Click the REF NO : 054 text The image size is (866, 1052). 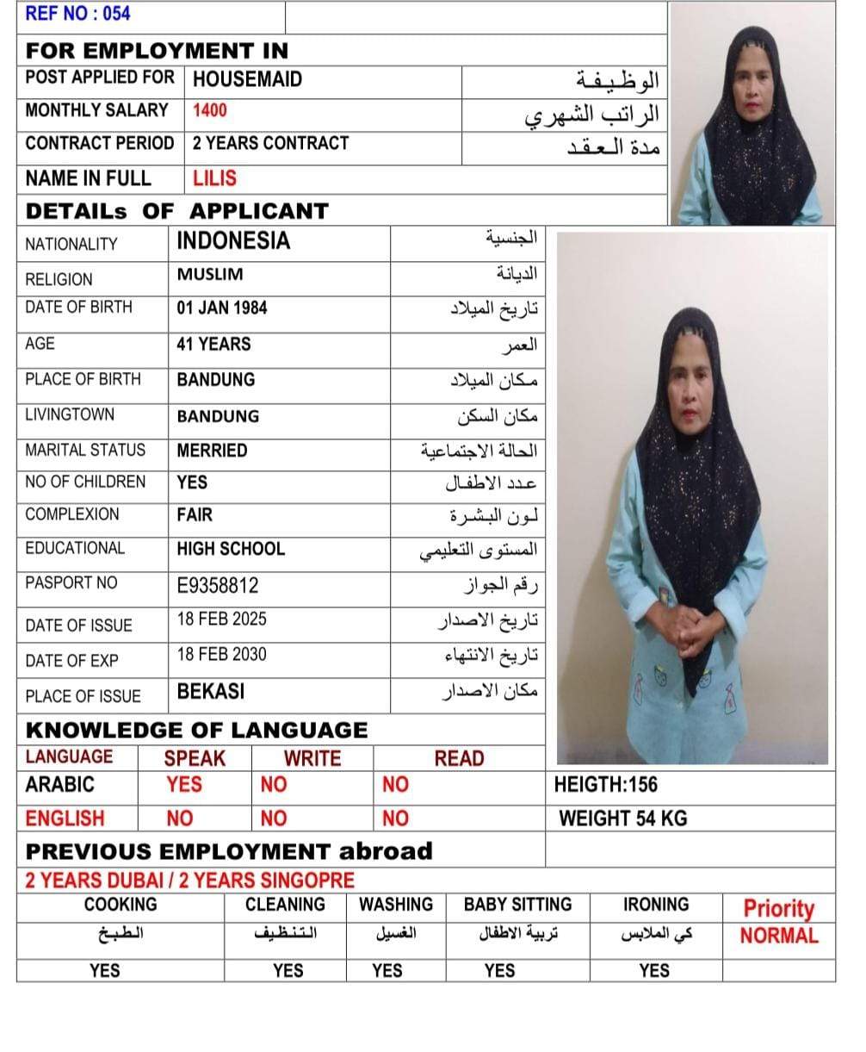click(77, 14)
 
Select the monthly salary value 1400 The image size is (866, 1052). click(210, 110)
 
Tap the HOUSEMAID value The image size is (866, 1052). click(247, 79)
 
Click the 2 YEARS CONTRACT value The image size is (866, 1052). click(270, 143)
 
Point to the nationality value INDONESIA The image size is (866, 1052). click(233, 241)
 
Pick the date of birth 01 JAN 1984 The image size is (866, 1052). click(222, 308)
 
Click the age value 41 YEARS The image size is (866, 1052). click(213, 344)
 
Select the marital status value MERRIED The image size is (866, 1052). click(212, 451)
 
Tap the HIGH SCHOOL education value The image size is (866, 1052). click(231, 549)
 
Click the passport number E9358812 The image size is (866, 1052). click(217, 586)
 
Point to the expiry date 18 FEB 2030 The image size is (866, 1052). click(221, 654)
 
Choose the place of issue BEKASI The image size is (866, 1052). click(211, 692)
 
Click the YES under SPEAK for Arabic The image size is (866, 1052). click(184, 784)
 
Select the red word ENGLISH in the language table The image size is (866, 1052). click(65, 819)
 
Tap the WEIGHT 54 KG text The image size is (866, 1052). click(622, 819)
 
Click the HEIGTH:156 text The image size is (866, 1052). click(606, 784)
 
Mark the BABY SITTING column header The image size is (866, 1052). click(517, 905)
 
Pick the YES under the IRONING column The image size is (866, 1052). click(654, 971)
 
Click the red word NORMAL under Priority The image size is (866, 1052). click(779, 936)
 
